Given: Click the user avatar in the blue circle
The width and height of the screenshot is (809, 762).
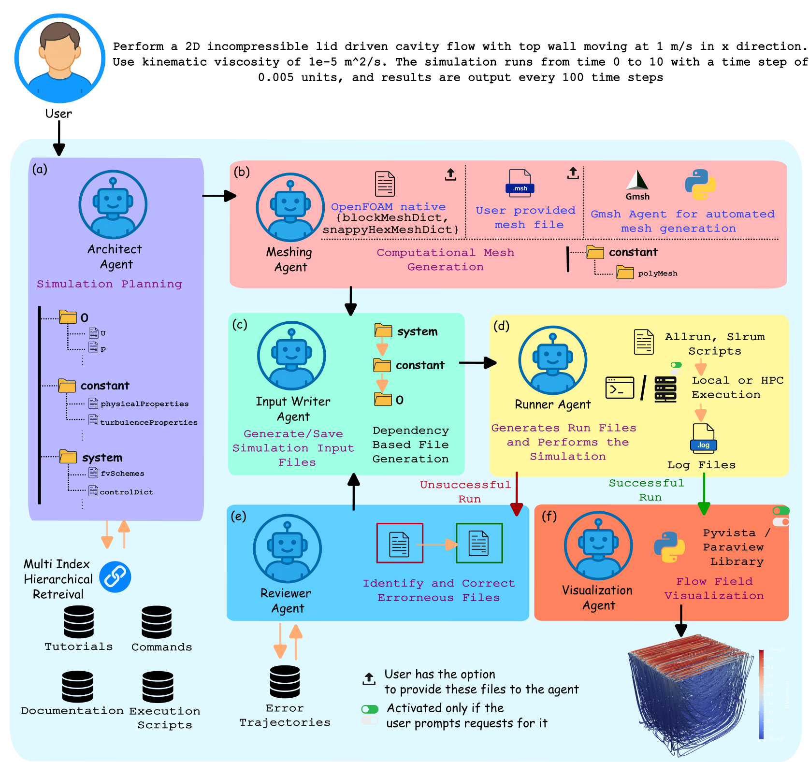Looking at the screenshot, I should click(x=60, y=58).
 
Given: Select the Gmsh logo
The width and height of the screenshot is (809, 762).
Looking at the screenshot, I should click(x=637, y=182).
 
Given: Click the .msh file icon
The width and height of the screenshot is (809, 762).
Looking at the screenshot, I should click(x=520, y=183).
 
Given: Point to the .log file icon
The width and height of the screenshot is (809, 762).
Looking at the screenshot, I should click(x=703, y=438).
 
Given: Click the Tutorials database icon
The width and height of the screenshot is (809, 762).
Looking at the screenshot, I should click(x=79, y=622).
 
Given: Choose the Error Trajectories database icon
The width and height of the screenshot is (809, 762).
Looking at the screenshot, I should click(x=285, y=682).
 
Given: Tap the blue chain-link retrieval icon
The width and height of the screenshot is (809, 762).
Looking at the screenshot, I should click(x=115, y=577).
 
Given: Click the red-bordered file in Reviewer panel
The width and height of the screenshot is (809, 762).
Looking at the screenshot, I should click(x=400, y=543).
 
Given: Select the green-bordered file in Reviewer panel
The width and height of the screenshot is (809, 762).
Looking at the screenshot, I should click(x=479, y=543).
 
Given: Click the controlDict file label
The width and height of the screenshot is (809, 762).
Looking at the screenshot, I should click(x=127, y=492).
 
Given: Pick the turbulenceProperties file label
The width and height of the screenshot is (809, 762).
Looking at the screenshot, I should click(x=149, y=422).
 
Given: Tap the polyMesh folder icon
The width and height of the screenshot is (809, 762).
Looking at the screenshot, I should click(x=625, y=273).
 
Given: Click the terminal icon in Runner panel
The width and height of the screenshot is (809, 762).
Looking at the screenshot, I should click(x=620, y=388).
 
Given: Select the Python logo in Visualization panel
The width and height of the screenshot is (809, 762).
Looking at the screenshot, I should click(x=669, y=547).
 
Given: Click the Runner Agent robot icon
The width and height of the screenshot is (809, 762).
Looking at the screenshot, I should click(x=553, y=360).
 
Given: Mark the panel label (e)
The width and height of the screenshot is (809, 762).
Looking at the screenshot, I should click(x=238, y=516).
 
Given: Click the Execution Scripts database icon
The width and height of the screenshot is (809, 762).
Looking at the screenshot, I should click(x=158, y=687).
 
